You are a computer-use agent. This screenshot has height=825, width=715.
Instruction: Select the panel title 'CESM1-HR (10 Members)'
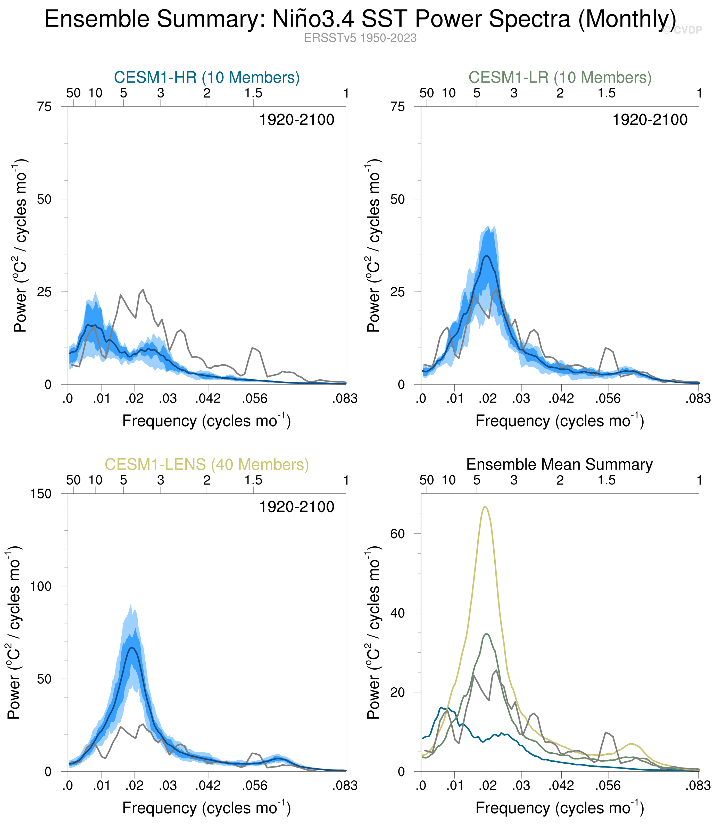coord(207,77)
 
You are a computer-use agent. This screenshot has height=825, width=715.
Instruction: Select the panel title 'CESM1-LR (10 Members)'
coord(560,77)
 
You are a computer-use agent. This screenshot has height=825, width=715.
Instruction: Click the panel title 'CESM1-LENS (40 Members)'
coord(207,464)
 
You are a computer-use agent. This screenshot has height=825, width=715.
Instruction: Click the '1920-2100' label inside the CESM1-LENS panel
coord(296,507)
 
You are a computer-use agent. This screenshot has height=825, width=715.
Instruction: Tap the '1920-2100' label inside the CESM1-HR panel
coord(296,120)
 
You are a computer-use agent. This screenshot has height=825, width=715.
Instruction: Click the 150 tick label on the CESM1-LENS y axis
coord(41,494)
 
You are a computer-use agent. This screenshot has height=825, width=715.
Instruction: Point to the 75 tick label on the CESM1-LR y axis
coord(397,107)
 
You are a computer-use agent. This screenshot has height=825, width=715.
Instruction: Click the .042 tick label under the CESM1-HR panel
coord(207,398)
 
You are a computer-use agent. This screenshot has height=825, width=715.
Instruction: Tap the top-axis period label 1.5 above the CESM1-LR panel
coord(606,93)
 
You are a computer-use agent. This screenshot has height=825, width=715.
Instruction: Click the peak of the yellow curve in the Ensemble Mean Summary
coord(485,507)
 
